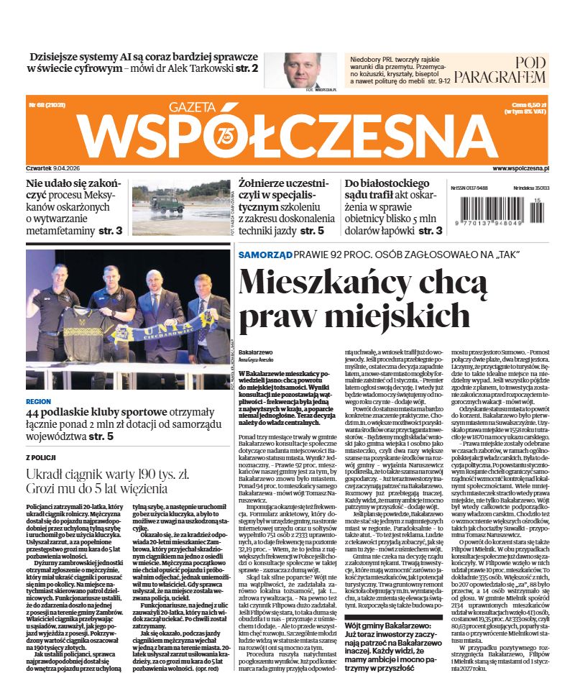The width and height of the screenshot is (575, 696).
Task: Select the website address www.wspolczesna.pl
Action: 520,168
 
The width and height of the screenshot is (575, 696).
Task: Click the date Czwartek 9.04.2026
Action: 57,168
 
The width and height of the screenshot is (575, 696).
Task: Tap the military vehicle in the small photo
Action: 167,203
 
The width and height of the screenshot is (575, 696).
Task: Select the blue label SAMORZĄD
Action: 264,255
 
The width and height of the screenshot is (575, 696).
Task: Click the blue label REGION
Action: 38,402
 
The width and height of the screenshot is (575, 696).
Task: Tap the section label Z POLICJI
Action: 42,457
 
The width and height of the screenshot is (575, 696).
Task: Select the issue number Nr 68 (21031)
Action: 46,105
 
